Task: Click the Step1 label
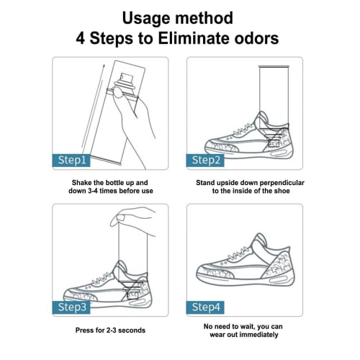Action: click(x=71, y=160)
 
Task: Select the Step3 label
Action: click(x=71, y=307)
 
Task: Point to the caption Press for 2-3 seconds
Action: click(x=109, y=330)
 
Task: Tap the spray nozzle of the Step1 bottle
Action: click(x=117, y=91)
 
